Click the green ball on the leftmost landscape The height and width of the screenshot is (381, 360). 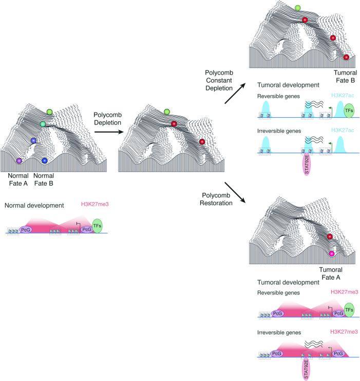point(49,112)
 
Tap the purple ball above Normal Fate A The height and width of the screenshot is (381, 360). point(20,161)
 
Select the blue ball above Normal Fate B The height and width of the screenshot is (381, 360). point(45,160)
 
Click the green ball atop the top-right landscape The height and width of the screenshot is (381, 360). point(298,8)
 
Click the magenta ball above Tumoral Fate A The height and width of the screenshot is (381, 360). point(331,253)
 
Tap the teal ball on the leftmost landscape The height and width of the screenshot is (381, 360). point(43,124)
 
